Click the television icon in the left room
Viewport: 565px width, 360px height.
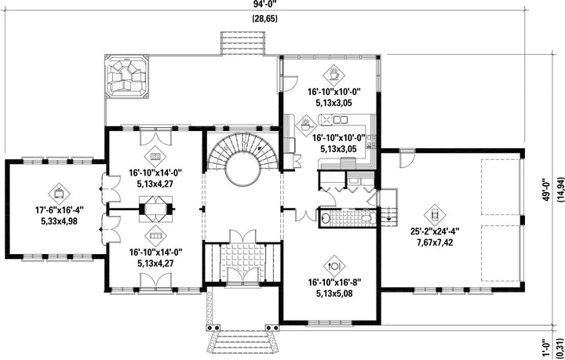click(x=59, y=193)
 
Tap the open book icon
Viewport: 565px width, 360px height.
click(x=155, y=156)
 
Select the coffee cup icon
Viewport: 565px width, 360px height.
click(x=334, y=75)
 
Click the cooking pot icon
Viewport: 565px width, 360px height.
click(x=306, y=125)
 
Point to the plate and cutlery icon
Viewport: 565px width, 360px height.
click(x=334, y=266)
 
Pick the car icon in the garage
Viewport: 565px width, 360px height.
click(x=435, y=215)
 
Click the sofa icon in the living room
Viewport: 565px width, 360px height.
click(x=155, y=235)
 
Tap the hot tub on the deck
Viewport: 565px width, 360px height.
click(x=126, y=76)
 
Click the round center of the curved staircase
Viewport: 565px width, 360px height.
click(x=242, y=169)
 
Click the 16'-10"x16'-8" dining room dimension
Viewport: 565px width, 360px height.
click(x=334, y=283)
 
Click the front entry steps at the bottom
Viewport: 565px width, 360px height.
click(x=242, y=342)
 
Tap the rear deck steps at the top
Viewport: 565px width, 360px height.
click(x=242, y=43)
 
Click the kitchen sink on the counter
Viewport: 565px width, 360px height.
click(x=340, y=119)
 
